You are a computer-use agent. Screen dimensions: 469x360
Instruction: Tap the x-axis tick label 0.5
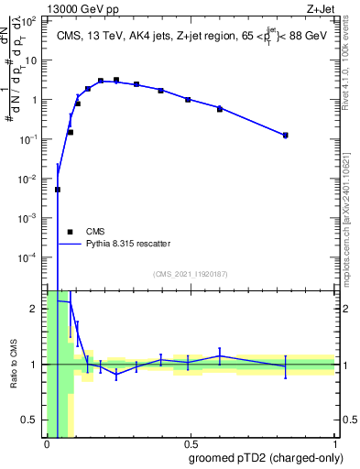coord(191,444)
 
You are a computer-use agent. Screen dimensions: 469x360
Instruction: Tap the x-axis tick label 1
coord(335,444)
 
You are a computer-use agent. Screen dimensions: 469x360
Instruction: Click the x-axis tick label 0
coord(46,444)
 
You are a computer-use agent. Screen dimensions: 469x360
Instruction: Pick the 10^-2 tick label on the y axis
coord(31,179)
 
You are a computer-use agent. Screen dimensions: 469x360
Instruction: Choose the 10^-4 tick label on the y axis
coord(31,257)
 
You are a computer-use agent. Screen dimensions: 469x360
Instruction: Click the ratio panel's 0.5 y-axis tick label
coord(32,420)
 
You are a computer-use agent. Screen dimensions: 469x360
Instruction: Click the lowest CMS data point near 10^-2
coord(58,190)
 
